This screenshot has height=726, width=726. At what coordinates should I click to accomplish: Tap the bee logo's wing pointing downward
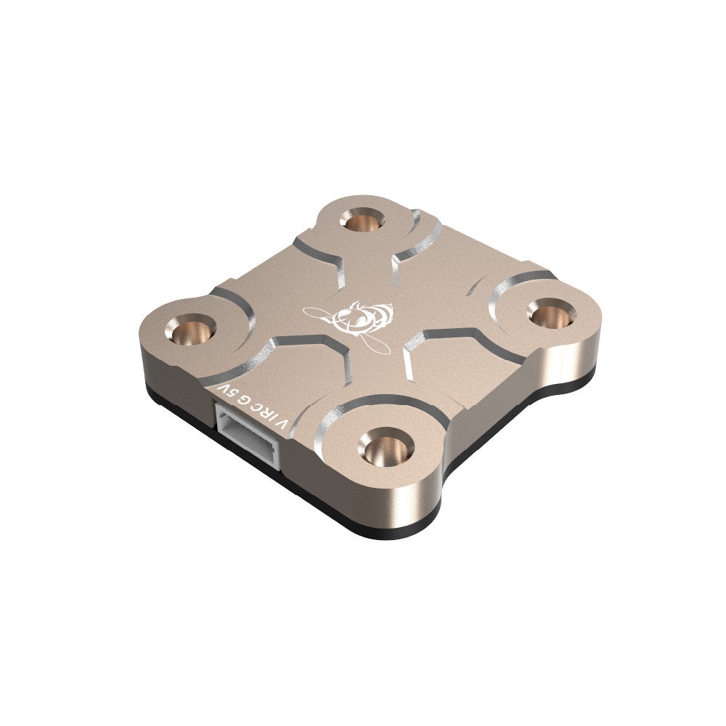(x=378, y=343)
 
